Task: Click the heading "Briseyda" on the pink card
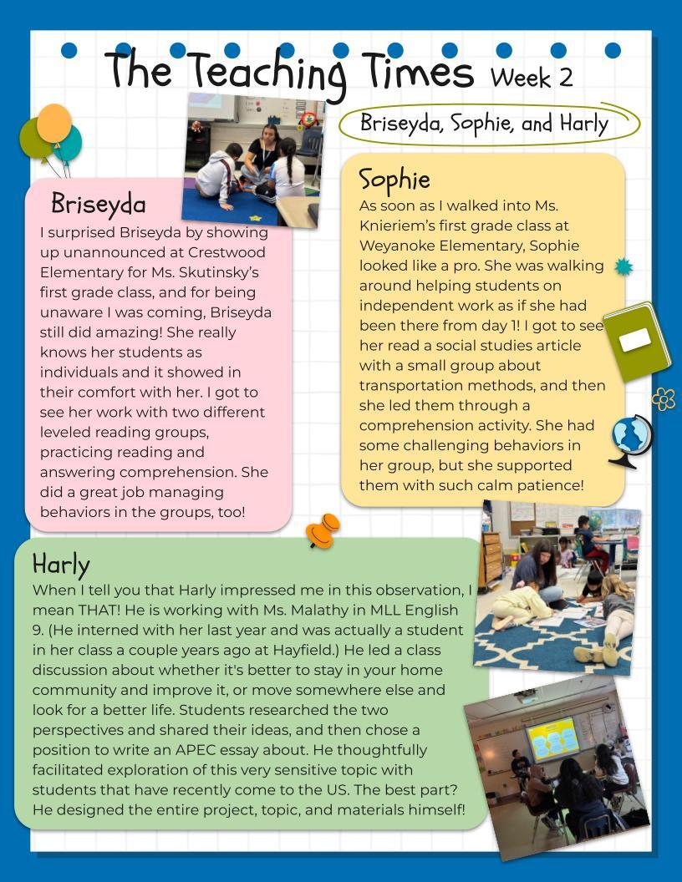[98, 204]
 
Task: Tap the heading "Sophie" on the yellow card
[394, 180]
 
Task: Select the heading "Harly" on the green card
[61, 565]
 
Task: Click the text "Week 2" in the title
[532, 77]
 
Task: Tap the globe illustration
[630, 438]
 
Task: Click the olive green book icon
[637, 341]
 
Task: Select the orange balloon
[54, 123]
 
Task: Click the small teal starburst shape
[623, 267]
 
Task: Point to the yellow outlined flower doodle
[663, 399]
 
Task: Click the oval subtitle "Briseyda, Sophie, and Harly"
[484, 123]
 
